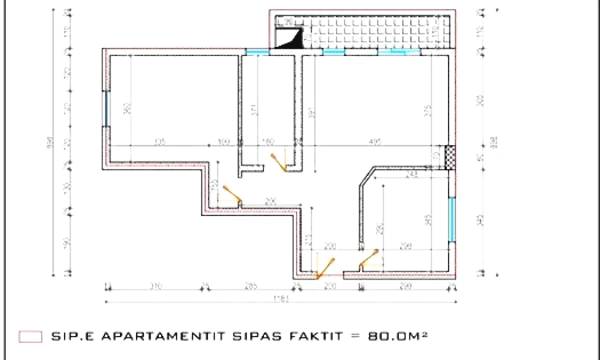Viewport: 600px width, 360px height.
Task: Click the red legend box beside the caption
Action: [30, 336]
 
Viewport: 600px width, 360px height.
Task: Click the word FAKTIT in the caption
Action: [314, 336]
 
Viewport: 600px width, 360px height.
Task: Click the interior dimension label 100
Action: [223, 142]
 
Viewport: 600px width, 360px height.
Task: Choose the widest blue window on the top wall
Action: [398, 51]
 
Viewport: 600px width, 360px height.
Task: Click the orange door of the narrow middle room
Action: [278, 162]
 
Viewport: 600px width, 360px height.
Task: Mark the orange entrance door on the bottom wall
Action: [325, 267]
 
